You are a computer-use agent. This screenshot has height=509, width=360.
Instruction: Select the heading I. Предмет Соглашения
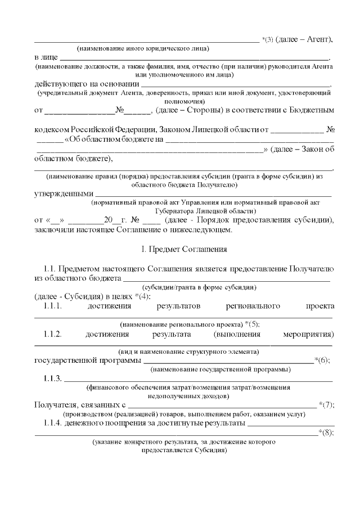click(x=180, y=249)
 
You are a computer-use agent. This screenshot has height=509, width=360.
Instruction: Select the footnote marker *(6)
click(x=322, y=361)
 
